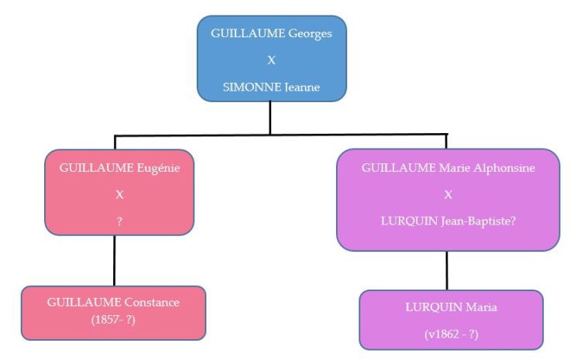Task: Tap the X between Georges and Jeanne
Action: pos(271,61)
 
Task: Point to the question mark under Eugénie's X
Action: pos(118,220)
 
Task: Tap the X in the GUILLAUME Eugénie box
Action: pos(118,194)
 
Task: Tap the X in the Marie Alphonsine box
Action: pos(448,194)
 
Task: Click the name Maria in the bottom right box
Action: pos(480,307)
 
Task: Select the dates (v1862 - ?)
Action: pos(451,333)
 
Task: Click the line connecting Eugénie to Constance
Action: pos(115,260)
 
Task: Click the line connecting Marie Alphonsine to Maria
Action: pos(447,270)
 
